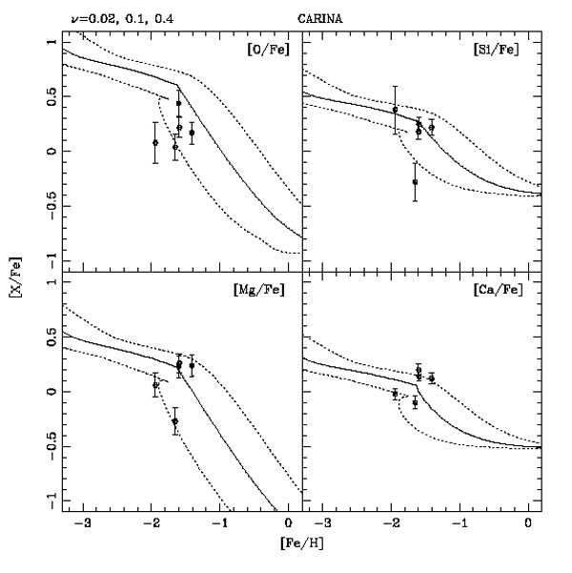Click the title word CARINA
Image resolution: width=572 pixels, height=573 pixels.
(319, 19)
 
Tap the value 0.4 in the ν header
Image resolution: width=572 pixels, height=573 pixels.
(164, 19)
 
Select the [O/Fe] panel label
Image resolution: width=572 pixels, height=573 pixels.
(268, 50)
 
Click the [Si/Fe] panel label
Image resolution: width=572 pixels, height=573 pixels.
(496, 50)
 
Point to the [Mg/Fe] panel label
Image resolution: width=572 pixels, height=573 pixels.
(258, 290)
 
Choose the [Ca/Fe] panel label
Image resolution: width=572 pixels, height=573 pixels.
(498, 290)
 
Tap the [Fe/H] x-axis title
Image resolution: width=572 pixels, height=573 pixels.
(302, 543)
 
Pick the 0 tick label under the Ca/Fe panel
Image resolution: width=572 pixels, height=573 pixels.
(528, 523)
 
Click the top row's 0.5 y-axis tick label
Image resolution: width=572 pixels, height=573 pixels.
(52, 96)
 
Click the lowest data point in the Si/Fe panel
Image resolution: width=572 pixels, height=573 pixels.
(415, 182)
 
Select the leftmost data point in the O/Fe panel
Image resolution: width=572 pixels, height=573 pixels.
(155, 142)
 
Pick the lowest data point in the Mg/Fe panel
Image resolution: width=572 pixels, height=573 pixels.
(175, 421)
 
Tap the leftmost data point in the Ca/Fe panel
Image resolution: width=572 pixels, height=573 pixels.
(395, 394)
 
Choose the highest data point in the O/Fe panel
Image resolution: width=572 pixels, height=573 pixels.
(178, 103)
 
